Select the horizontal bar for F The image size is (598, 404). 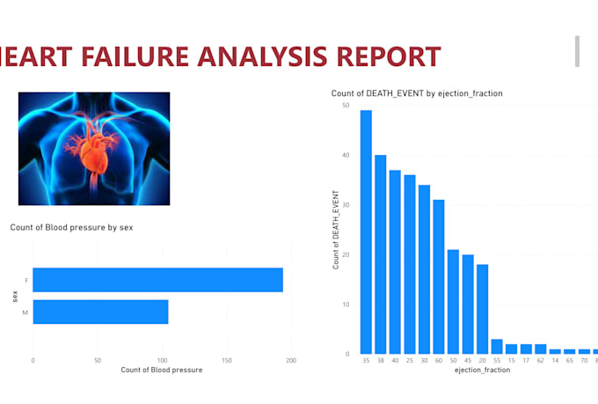click(157, 280)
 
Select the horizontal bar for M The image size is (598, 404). click(100, 312)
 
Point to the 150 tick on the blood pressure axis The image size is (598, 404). click(226, 361)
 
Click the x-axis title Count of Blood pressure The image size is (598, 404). click(161, 371)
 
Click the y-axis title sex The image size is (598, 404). click(16, 297)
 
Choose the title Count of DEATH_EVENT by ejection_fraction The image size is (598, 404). click(416, 93)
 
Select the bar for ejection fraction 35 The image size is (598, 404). click(366, 232)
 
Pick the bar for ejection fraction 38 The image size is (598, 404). click(381, 254)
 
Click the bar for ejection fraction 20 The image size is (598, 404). click(482, 309)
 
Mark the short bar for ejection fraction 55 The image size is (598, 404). click(497, 346)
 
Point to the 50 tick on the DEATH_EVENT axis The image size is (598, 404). click(346, 106)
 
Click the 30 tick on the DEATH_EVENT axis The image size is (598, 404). click(346, 205)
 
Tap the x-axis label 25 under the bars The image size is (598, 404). click(410, 361)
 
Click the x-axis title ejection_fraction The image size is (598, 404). click(481, 371)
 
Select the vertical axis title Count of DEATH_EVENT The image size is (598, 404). click(335, 233)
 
